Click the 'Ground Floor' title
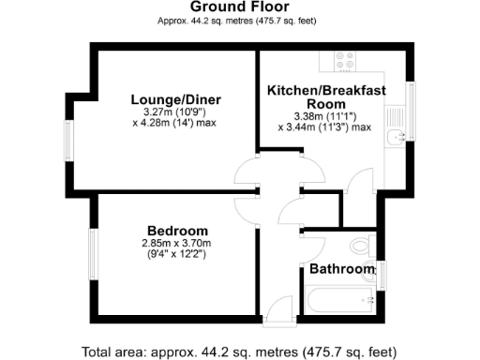tap(240, 7)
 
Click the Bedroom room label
tap(177, 231)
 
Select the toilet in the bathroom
tap(365, 247)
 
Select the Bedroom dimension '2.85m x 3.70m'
tap(177, 243)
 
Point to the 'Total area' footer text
tap(240, 352)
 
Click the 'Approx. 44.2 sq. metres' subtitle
tap(240, 19)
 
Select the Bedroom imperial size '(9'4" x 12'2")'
tap(177, 254)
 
